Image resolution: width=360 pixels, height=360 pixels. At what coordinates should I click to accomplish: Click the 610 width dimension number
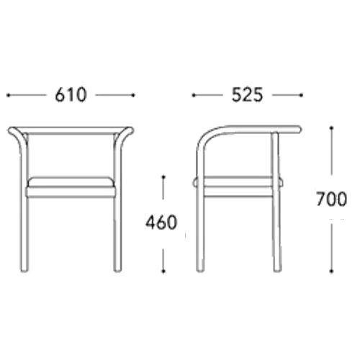(x=71, y=95)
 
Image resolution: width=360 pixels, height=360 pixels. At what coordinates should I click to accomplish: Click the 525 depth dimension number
(x=247, y=95)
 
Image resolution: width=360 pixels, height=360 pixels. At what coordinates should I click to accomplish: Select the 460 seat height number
(x=161, y=222)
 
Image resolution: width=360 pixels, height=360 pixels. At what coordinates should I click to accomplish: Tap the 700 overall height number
(x=331, y=199)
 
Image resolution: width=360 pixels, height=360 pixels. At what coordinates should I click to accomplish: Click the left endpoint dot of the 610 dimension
(x=8, y=95)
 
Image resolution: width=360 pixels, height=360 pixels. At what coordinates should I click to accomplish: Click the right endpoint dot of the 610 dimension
(x=133, y=95)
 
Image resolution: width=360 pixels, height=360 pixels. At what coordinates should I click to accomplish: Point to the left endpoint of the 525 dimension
(x=193, y=95)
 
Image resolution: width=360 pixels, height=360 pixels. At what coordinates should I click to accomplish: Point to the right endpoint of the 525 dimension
(x=301, y=95)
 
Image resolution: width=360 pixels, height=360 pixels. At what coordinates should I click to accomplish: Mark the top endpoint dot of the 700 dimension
(x=332, y=128)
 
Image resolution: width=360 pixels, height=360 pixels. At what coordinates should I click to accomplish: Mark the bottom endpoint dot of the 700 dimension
(x=332, y=271)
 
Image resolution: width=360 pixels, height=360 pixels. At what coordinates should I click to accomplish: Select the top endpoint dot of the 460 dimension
(x=163, y=177)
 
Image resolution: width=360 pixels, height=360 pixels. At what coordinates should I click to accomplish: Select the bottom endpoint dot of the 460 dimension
(x=163, y=271)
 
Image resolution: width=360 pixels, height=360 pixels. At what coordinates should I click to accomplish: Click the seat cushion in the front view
(x=70, y=187)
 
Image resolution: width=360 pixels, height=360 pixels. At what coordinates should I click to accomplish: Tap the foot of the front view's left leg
(x=24, y=270)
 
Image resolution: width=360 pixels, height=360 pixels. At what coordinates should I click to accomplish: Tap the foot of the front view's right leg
(x=117, y=270)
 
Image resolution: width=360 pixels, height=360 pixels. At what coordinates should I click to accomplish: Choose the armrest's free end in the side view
(x=298, y=129)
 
